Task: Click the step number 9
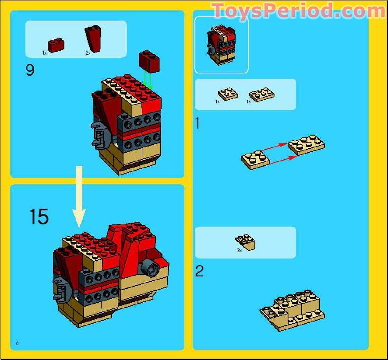(30, 70)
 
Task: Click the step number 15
(39, 217)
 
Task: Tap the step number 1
(198, 123)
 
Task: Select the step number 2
(199, 271)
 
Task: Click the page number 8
(17, 343)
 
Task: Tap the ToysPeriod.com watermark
(298, 10)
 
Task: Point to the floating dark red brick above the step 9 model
(149, 62)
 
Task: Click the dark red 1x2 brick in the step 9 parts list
(56, 45)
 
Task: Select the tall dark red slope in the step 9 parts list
(93, 38)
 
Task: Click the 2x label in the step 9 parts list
(88, 53)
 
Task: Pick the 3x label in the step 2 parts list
(239, 250)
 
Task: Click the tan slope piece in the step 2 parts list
(246, 242)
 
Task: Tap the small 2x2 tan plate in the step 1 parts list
(228, 94)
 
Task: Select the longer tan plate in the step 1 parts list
(261, 94)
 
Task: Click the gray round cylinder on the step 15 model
(150, 268)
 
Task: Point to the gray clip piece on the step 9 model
(100, 136)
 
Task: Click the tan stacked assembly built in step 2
(292, 310)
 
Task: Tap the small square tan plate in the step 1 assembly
(255, 160)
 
